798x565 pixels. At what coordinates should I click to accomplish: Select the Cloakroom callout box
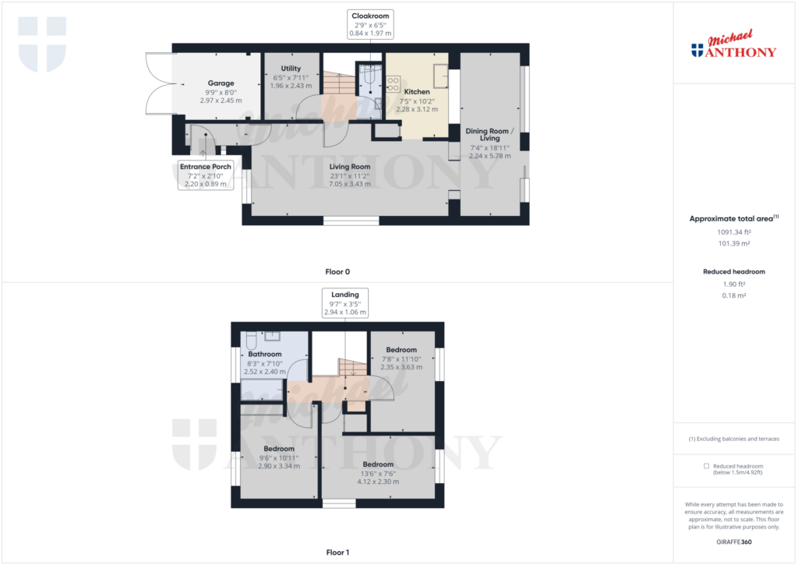pos(369,24)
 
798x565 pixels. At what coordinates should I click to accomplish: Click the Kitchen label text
pos(417,92)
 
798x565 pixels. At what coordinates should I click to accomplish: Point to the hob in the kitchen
pos(394,83)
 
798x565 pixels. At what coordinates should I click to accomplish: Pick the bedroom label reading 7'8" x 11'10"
pos(401,358)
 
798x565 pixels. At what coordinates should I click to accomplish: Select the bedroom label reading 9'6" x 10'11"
pos(278,457)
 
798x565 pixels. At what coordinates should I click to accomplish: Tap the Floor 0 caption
pos(337,272)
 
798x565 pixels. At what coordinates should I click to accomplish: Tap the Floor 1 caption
pos(337,553)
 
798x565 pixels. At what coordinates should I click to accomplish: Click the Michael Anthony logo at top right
pos(734,46)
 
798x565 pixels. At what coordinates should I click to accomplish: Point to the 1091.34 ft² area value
pos(734,232)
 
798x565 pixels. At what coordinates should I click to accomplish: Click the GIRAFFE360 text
pos(734,541)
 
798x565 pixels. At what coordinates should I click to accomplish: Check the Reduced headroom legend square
pos(706,466)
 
